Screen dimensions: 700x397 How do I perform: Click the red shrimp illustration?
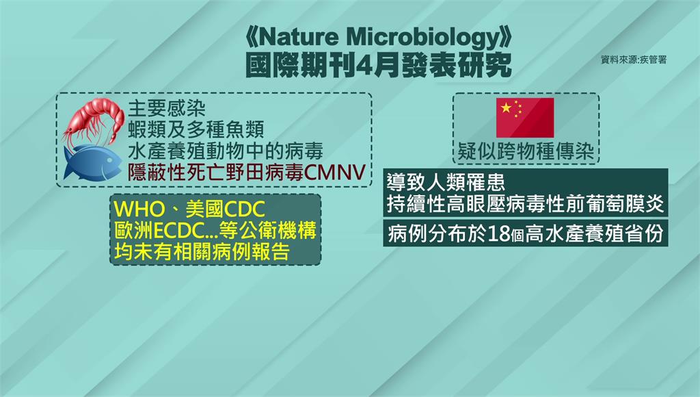[x=94, y=120]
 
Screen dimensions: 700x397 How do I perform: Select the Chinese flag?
[x=525, y=118]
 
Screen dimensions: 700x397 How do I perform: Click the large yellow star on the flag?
[x=507, y=107]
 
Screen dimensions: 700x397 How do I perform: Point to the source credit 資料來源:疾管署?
[x=634, y=60]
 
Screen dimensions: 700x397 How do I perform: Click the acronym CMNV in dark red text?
[x=335, y=172]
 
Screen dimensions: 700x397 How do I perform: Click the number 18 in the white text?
[x=498, y=233]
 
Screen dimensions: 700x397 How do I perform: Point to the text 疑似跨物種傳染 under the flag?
[x=526, y=152]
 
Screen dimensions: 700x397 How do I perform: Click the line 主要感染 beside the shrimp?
[x=167, y=108]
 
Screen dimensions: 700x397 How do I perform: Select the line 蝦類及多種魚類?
[x=196, y=129]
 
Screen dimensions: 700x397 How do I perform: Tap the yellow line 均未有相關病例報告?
[x=202, y=252]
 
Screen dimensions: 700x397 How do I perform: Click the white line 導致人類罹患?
[x=446, y=182]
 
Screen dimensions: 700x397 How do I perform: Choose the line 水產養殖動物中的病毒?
[x=226, y=151]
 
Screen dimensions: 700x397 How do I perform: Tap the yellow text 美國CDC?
[x=226, y=209]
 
